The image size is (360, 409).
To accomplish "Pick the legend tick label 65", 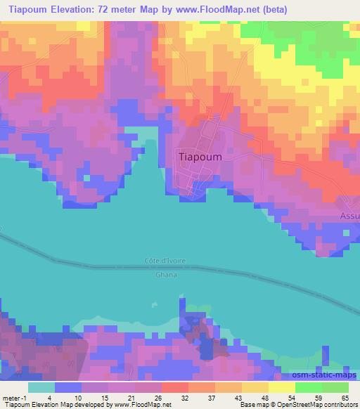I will point(345,397).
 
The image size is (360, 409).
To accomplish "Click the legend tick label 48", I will point(264,397).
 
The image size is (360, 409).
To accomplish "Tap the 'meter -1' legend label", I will point(15,397).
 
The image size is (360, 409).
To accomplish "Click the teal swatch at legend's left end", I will point(41,387).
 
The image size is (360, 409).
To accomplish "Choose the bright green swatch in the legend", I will point(309,387).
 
